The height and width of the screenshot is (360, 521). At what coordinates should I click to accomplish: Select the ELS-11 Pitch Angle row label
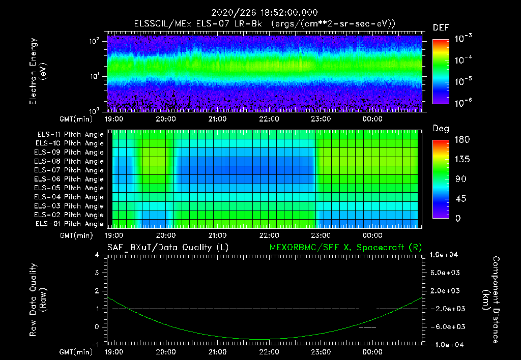[x=70, y=135]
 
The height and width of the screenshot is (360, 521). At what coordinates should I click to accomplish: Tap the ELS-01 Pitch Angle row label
[x=70, y=224]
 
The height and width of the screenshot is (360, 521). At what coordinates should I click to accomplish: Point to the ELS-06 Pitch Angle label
[x=70, y=179]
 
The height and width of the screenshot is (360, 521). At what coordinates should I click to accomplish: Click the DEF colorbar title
[x=441, y=27]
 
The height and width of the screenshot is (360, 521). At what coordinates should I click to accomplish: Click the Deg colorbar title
[x=441, y=129]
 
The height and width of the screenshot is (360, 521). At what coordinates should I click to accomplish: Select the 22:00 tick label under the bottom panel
[x=269, y=351]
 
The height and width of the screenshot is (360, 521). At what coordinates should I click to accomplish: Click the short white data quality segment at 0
[x=367, y=327]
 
